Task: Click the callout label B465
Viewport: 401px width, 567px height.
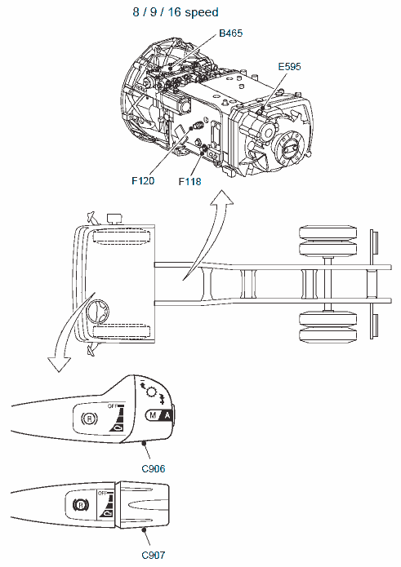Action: (230, 33)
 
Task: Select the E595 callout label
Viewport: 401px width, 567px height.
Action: (289, 67)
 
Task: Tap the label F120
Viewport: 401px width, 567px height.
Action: (143, 180)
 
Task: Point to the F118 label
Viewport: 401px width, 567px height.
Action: (190, 181)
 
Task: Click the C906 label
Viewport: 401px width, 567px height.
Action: (154, 469)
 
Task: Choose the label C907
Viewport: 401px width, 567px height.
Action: (154, 555)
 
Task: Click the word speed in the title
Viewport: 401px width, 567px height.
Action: (202, 13)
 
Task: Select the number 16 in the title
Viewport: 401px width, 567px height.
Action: (174, 12)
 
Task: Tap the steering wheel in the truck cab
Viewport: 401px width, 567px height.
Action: (98, 312)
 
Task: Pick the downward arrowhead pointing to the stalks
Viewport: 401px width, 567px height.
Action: (59, 364)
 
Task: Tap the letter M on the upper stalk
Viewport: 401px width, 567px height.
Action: (153, 415)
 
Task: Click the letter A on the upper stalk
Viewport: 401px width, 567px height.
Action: (167, 415)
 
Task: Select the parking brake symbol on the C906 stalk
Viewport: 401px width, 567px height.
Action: (89, 419)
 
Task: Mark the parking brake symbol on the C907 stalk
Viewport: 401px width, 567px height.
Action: (81, 504)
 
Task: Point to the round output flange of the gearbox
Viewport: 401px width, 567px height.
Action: (289, 147)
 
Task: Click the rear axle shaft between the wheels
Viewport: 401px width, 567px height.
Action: (328, 283)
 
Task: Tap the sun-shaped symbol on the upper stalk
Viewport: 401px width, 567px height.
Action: (150, 392)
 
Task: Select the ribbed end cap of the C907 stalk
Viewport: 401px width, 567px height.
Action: (143, 505)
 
